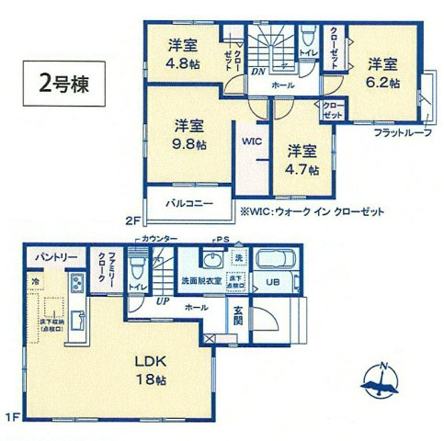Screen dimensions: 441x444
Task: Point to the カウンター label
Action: tap(157, 238)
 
